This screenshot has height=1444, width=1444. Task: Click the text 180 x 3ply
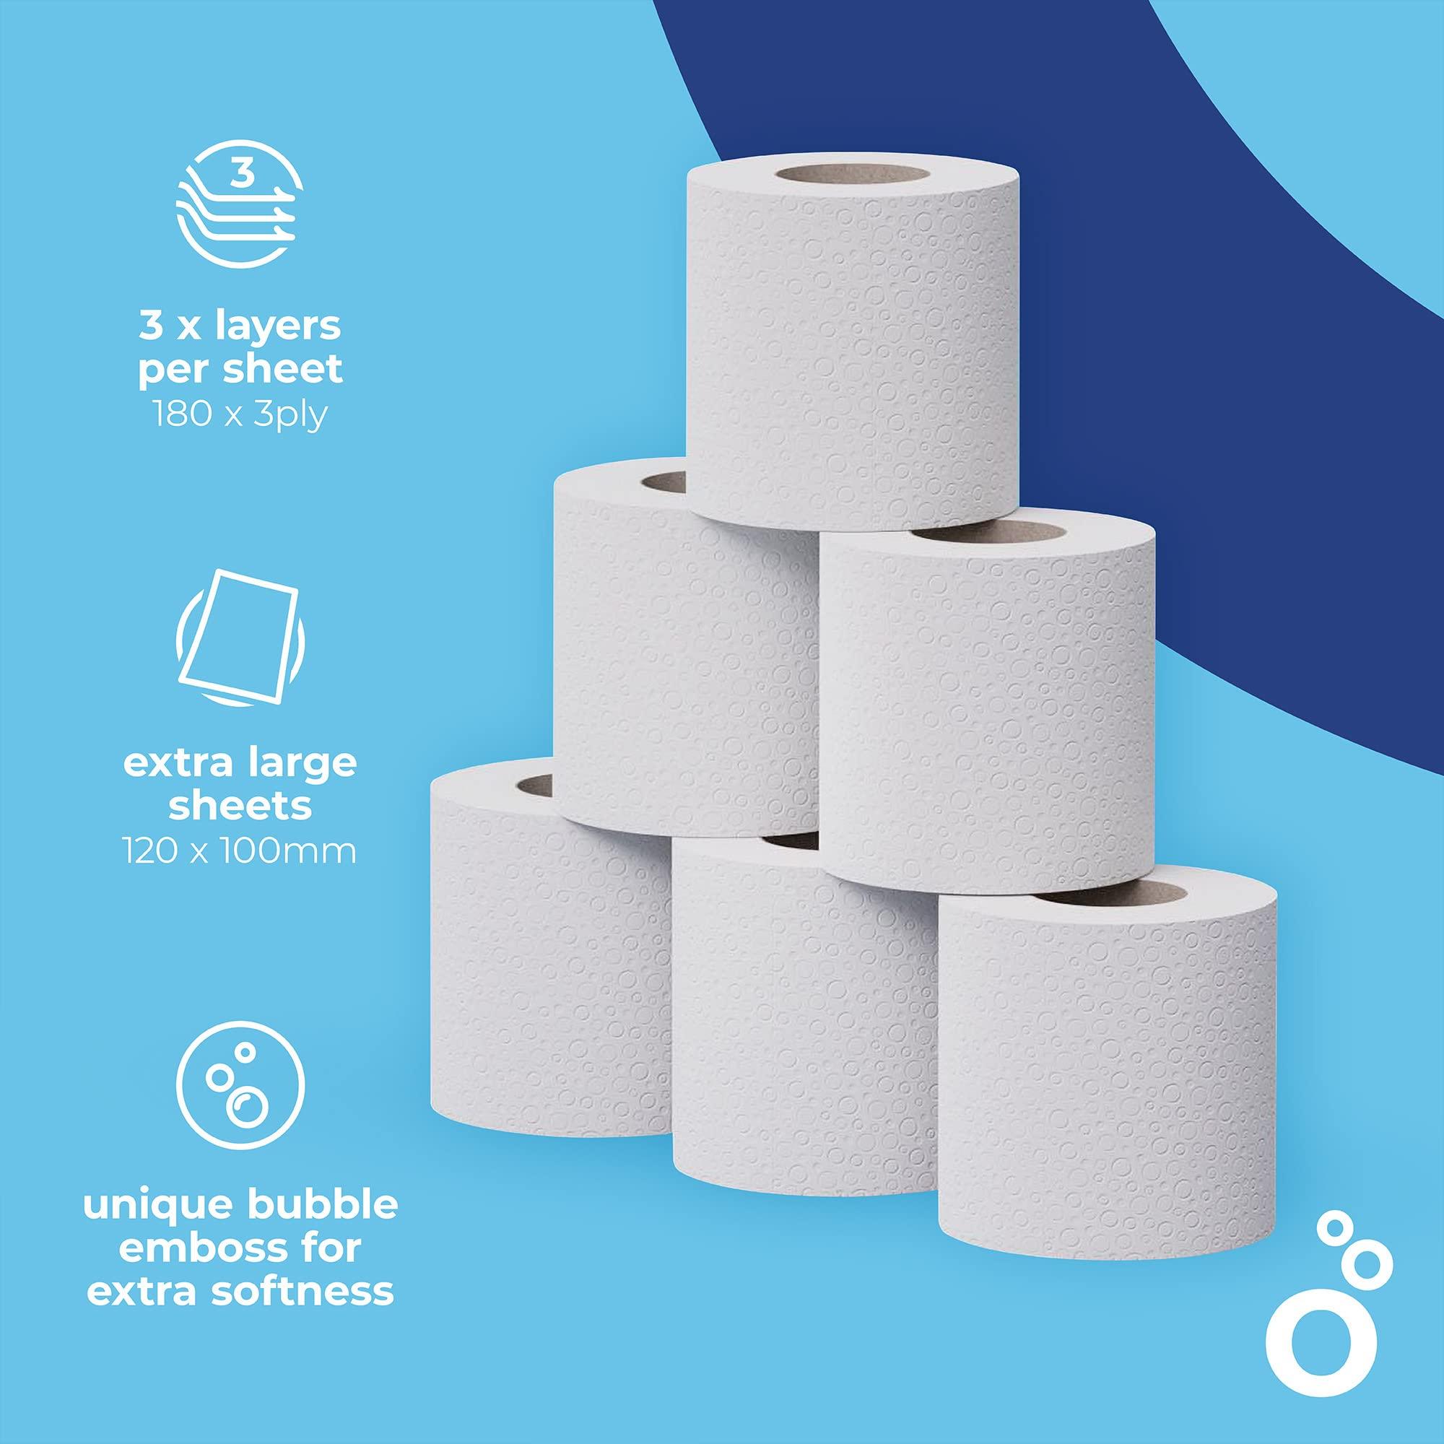coord(240,414)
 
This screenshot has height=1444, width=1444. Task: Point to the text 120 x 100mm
coord(240,851)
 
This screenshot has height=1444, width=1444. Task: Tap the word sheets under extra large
coord(240,807)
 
